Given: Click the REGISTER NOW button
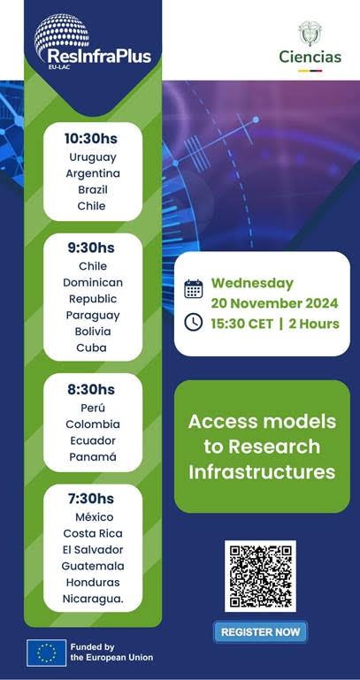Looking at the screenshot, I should point(260,632).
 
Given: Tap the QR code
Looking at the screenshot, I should point(260,576).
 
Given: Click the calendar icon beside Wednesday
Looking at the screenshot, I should point(193,288).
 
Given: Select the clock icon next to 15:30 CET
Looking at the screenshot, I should point(193,322).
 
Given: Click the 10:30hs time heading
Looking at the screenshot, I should point(91,139).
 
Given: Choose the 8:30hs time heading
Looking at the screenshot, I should point(92,389).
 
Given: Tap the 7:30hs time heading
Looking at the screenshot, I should point(92,498).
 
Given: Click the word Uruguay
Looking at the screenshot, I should point(92,157).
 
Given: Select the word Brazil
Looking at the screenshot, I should point(92,190).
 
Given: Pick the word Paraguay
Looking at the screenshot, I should point(92,315).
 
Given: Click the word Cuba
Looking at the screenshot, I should point(92,348).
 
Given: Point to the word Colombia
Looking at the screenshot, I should point(92,424).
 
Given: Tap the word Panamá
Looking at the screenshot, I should point(92,457).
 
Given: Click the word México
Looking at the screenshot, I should point(92,516).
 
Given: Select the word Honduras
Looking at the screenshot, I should point(92,582).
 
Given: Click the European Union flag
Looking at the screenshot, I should point(46,653).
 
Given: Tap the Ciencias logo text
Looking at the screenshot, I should point(310,57).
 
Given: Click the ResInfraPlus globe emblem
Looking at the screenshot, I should point(62,30).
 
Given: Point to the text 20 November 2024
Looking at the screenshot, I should point(274,303).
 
